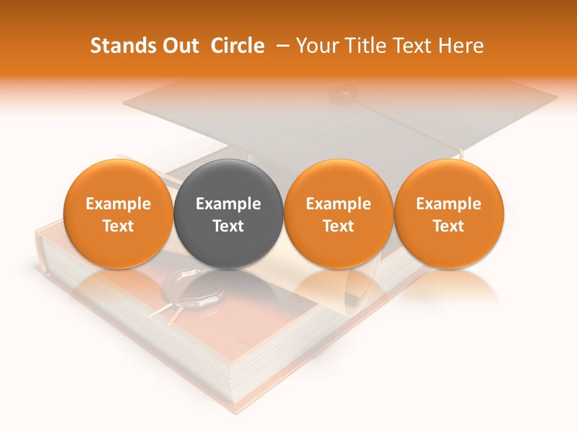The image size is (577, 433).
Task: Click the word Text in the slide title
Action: [412, 46]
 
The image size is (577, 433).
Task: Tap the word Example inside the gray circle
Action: [228, 204]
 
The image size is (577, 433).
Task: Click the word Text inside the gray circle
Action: [228, 226]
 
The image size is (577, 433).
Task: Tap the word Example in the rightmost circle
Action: [449, 204]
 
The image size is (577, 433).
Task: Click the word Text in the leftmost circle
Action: [118, 226]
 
